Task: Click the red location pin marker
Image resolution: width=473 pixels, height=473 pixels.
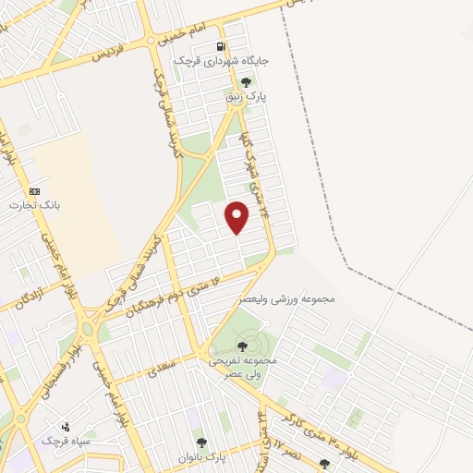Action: (x=238, y=217)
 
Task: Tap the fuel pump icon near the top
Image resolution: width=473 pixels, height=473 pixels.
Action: (x=220, y=46)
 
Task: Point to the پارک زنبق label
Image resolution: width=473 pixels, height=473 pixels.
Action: (x=247, y=96)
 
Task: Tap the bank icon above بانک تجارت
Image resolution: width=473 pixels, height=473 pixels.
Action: (x=35, y=190)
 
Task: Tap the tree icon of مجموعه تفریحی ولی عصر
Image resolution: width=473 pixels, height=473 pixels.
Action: (x=243, y=346)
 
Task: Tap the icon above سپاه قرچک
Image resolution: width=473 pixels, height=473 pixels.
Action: (x=65, y=427)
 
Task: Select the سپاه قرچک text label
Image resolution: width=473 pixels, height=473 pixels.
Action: (x=65, y=442)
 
